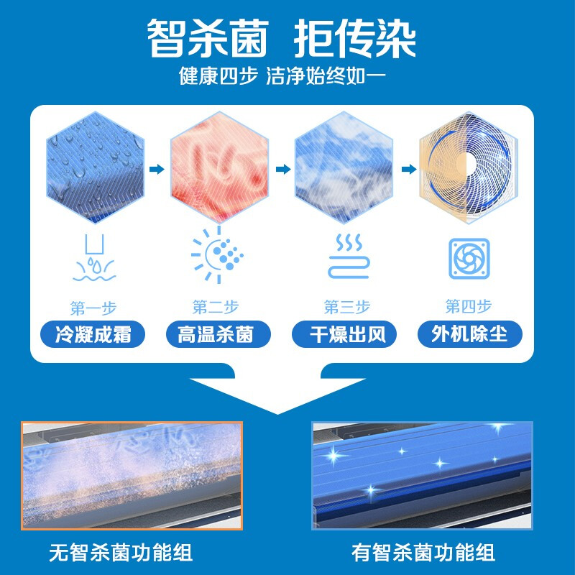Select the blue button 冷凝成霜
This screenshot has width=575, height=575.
93,334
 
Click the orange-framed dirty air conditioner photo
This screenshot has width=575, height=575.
132,475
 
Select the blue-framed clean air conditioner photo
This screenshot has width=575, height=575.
423,475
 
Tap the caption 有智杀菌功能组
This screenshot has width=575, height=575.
423,553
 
